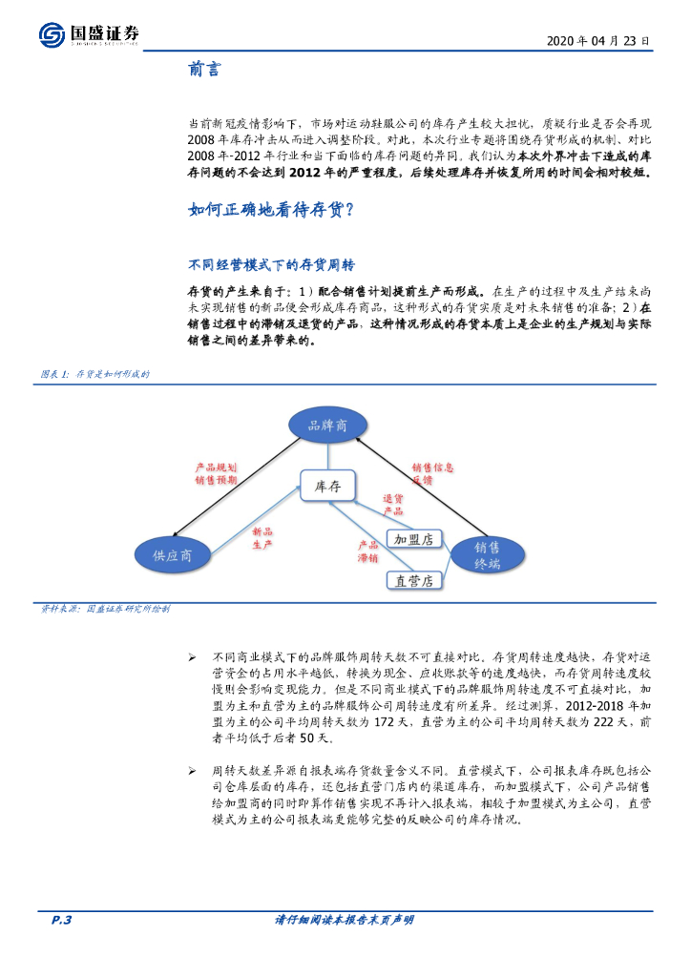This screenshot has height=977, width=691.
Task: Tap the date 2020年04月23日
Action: (x=599, y=41)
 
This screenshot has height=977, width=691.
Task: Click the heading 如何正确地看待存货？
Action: (x=272, y=210)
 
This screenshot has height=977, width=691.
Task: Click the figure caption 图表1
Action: (x=94, y=374)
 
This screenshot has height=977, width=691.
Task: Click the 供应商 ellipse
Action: (x=172, y=555)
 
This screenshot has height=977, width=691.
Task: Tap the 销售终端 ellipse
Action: (x=487, y=553)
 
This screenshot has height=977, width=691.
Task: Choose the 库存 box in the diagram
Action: (x=327, y=486)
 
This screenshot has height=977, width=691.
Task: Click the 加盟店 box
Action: (x=413, y=539)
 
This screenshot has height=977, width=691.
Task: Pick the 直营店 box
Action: (x=413, y=579)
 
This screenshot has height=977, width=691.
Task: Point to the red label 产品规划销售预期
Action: (x=216, y=474)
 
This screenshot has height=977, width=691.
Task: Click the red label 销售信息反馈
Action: (x=432, y=474)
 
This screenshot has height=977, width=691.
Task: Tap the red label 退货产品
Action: (x=392, y=505)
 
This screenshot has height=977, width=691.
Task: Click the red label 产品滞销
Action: (x=367, y=551)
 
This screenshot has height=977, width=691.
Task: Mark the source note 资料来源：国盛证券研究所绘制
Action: (x=106, y=608)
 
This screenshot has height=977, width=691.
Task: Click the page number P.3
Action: (x=61, y=920)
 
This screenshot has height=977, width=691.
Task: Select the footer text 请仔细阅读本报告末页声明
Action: (x=345, y=920)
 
